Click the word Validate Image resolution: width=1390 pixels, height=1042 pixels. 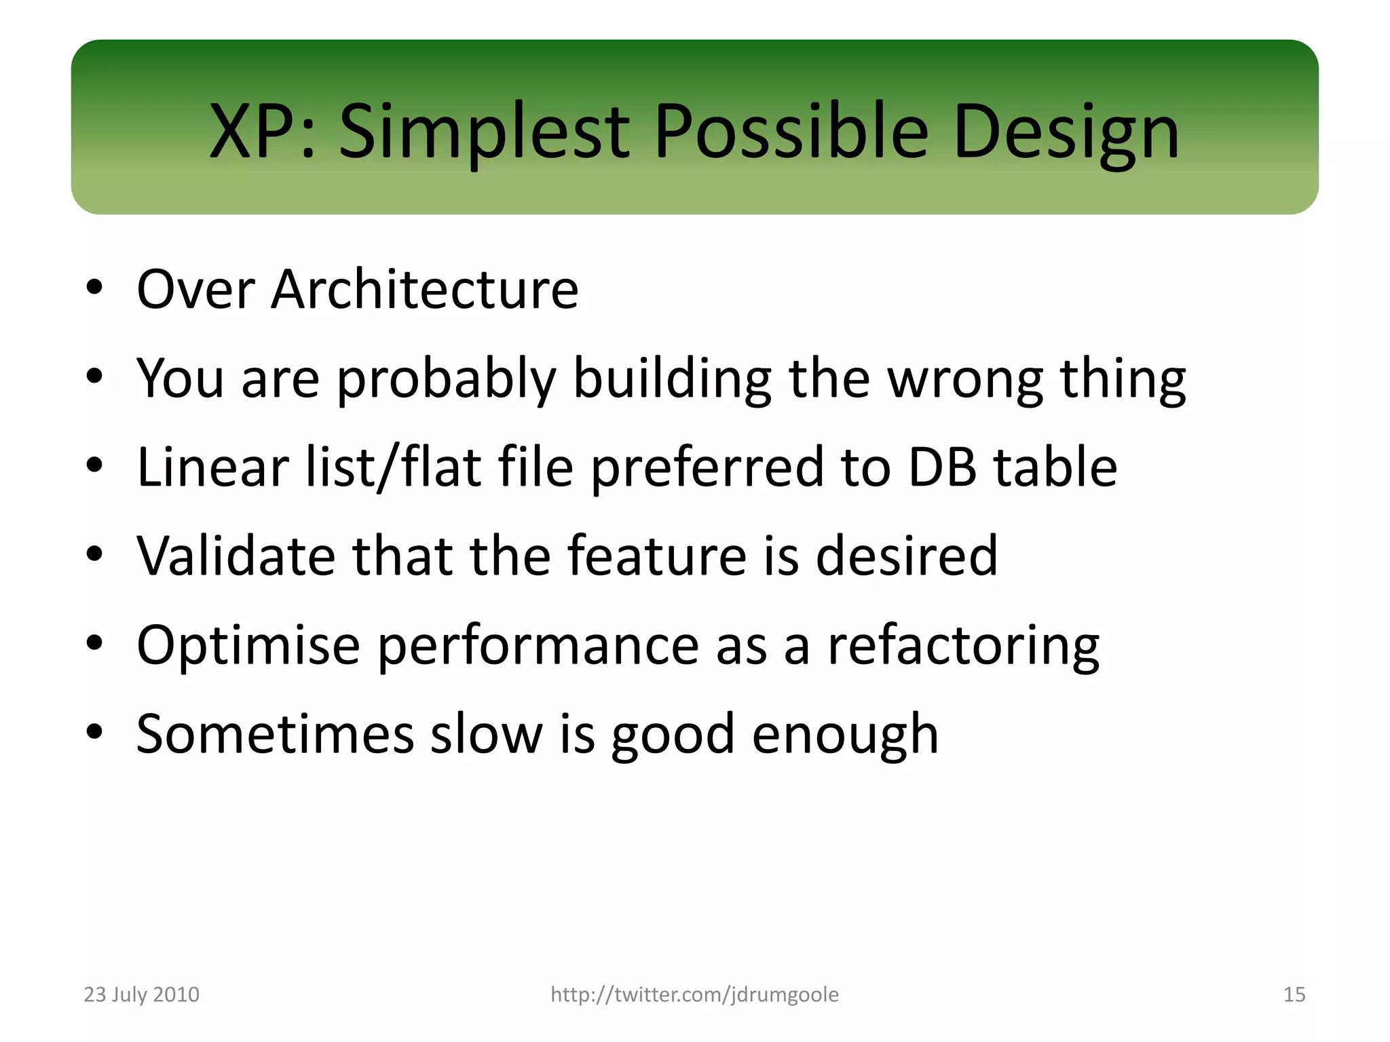point(236,556)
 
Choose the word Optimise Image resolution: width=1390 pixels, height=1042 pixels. point(248,645)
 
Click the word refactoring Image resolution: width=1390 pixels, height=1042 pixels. point(963,645)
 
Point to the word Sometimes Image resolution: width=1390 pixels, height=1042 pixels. point(275,734)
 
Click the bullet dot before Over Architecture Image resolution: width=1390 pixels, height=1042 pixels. point(94,288)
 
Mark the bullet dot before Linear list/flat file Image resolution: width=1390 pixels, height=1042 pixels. point(94,465)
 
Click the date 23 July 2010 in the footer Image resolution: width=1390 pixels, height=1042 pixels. point(141,995)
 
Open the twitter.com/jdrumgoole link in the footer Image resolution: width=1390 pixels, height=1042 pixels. point(694,995)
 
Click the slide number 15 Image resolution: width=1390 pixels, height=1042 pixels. point(1294,995)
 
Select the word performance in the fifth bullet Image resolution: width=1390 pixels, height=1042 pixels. point(538,645)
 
